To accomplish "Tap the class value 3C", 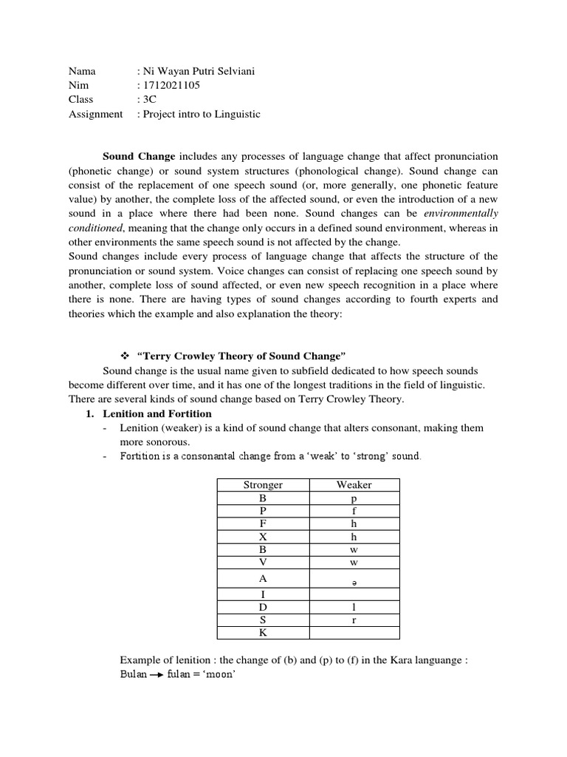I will point(148,100).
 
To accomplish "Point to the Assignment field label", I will point(95,114).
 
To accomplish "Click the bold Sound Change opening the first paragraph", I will point(139,157).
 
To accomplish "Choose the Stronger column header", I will point(263,485).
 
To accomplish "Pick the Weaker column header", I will point(354,485).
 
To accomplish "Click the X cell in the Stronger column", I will point(263,537).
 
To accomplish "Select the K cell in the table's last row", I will point(263,633).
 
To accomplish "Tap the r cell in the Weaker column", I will point(354,619).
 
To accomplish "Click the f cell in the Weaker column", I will point(354,511).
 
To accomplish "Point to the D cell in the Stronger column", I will point(263,607).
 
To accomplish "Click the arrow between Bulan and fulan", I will point(156,675).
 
